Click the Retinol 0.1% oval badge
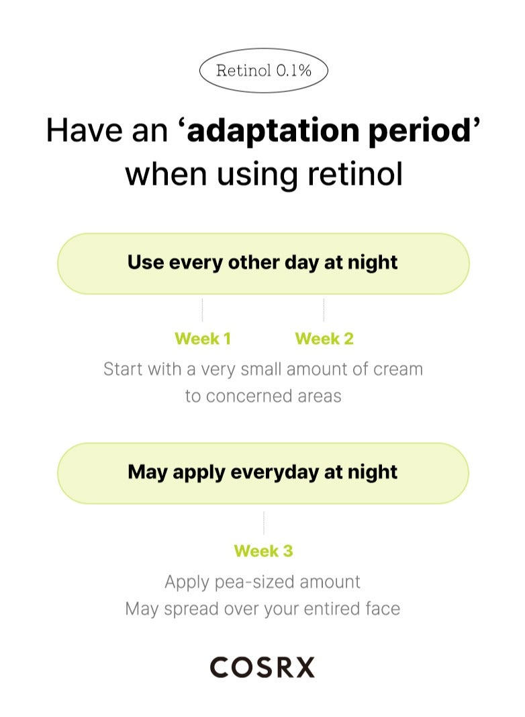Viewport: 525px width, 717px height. coord(264,71)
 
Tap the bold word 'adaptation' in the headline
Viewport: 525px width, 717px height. coord(273,131)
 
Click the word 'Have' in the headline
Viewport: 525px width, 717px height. coord(85,130)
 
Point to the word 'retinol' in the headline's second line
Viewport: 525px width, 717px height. coord(355,174)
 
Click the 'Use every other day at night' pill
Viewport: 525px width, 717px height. coord(263,263)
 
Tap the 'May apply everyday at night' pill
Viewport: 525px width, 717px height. coord(263,473)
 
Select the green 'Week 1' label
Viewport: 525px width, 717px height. coord(203,339)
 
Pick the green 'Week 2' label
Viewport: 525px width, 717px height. coord(324,339)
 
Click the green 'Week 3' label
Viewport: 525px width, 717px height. coord(264,551)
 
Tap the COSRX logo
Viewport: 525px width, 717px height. coord(262,667)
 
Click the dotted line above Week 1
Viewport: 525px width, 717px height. coord(203,310)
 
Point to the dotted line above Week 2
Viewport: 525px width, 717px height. coord(324,310)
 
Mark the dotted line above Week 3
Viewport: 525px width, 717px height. coord(264,523)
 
